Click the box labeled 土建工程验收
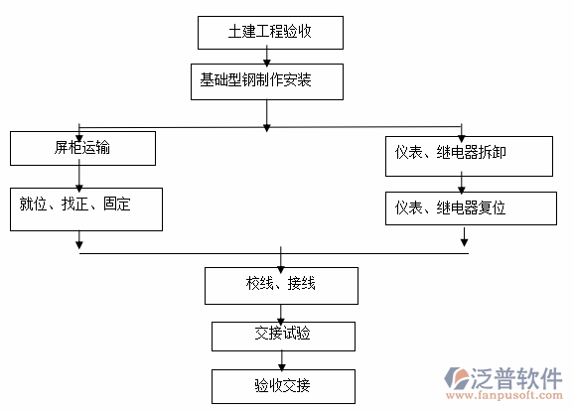[x=270, y=32]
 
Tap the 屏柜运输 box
[x=83, y=149]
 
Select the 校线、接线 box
[x=281, y=285]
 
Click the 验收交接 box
[x=282, y=384]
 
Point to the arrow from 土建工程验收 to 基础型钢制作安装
[x=267, y=58]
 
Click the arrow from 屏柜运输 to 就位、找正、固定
[x=79, y=176]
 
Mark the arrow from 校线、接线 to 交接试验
[x=282, y=312]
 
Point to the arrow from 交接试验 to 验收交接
[x=282, y=360]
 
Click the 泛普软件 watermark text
[x=518, y=378]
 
